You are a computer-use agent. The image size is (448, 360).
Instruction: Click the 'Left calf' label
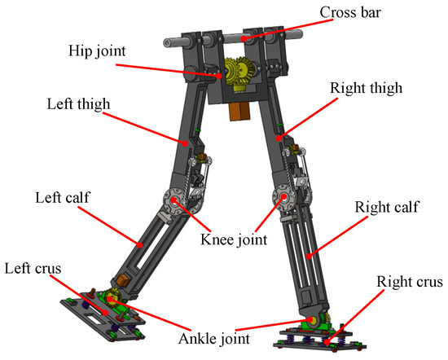[x=59, y=198]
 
